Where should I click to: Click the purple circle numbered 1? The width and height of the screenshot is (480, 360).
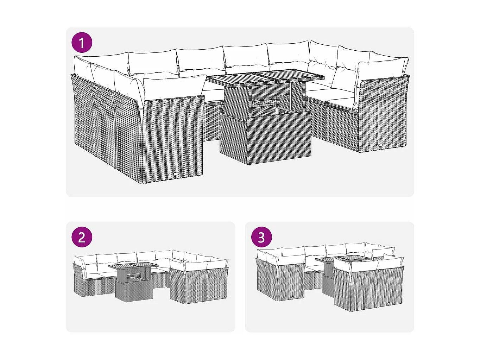point(82,43)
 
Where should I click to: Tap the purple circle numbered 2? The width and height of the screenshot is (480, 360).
point(82,237)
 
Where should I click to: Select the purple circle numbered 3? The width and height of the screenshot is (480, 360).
point(261,237)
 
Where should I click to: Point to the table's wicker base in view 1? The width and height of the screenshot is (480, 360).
point(265,141)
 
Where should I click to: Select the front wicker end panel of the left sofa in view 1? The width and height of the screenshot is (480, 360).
point(173,139)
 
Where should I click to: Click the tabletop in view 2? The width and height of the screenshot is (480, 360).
point(133,266)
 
